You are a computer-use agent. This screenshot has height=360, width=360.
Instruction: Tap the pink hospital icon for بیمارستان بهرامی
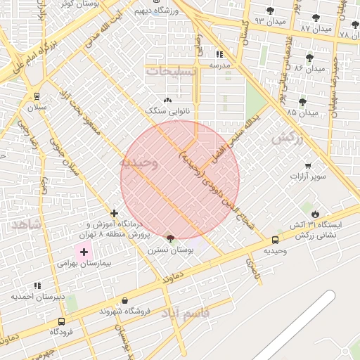click(x=84, y=251)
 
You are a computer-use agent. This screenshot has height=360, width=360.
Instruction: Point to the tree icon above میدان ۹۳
click(x=271, y=11)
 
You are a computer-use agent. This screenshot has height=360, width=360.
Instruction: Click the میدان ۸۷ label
click(x=314, y=28)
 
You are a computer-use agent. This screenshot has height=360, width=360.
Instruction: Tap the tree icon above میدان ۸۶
click(x=309, y=58)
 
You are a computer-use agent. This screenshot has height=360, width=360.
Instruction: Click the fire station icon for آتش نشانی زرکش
click(x=314, y=213)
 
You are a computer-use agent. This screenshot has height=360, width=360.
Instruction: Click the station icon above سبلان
click(x=37, y=96)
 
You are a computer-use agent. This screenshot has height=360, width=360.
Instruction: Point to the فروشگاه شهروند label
click(x=126, y=311)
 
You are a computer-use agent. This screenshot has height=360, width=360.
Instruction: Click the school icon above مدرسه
click(x=219, y=54)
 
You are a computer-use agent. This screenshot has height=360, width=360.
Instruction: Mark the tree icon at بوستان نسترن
click(x=169, y=239)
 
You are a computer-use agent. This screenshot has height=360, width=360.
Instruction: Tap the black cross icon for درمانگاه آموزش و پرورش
click(x=114, y=213)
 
